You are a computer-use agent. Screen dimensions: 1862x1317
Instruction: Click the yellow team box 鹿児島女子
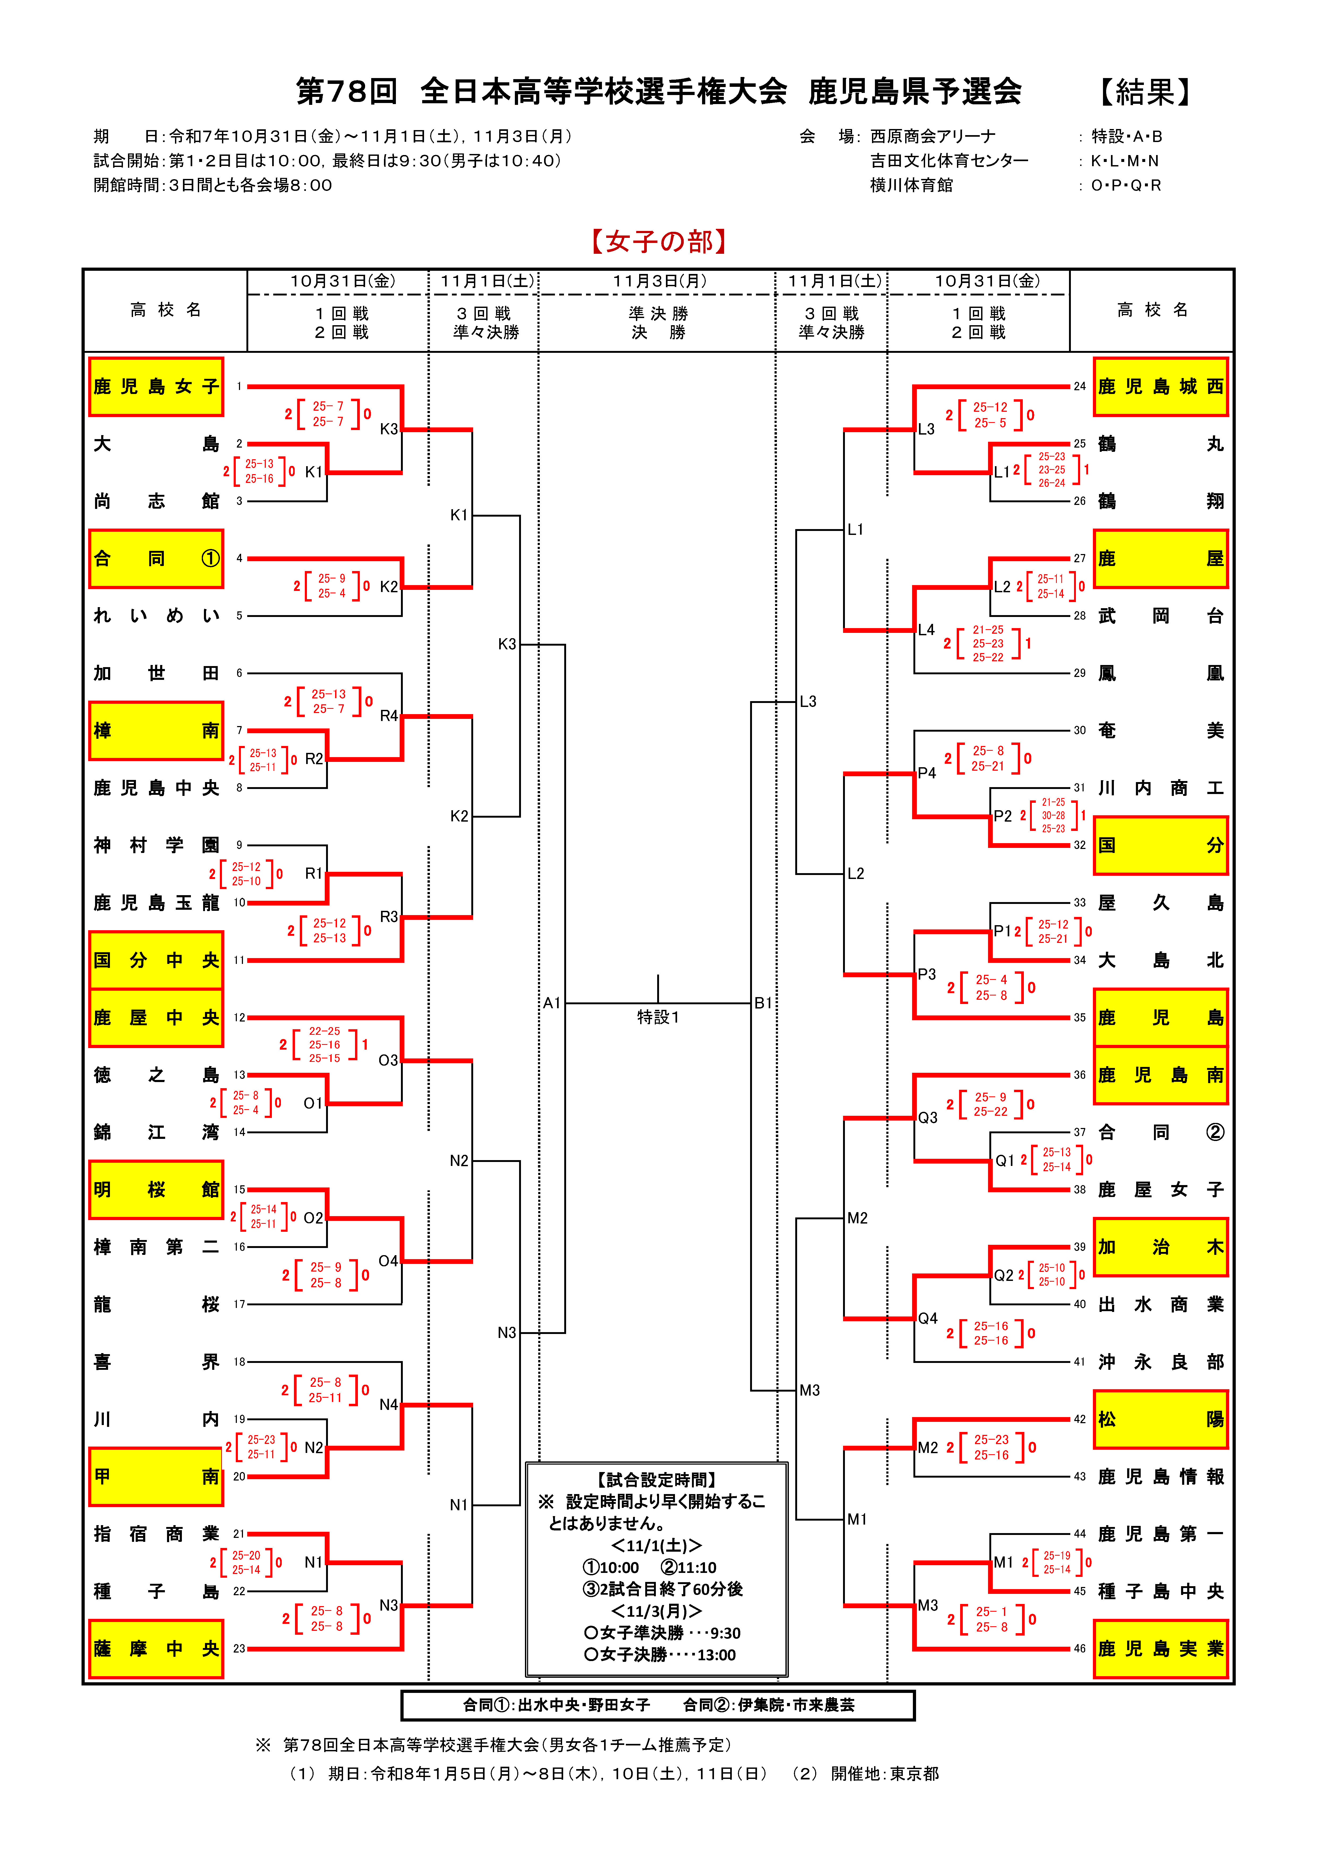(156, 387)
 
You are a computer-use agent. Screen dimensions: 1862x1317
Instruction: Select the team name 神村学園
(156, 845)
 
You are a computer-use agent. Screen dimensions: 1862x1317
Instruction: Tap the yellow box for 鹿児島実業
(1161, 1649)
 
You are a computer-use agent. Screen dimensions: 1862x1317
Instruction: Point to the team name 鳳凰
(1161, 673)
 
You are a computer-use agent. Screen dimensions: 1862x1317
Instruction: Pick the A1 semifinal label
(551, 1003)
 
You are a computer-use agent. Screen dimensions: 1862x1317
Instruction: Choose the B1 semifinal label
(763, 1003)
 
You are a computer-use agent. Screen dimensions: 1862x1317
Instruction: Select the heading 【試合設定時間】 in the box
(657, 1480)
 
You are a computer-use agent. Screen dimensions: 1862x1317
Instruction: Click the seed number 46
(1079, 1649)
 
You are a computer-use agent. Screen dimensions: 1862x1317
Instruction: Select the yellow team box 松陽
(1161, 1419)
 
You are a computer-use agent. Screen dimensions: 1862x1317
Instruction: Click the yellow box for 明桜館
(156, 1190)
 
